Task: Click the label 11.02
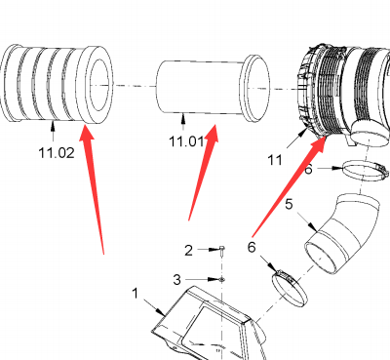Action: (57, 152)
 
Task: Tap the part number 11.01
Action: (186, 141)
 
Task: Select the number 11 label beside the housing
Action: (275, 160)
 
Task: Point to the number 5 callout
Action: (289, 205)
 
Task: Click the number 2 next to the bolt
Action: (188, 251)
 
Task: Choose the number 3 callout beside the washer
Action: (176, 279)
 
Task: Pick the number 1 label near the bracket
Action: (136, 294)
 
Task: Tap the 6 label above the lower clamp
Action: (252, 248)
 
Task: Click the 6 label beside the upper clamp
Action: (308, 169)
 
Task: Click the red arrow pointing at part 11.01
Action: (203, 172)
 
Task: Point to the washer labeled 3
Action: (221, 279)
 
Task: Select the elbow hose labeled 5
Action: (342, 234)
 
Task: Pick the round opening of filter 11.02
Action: (99, 85)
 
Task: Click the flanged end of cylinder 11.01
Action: (255, 88)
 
